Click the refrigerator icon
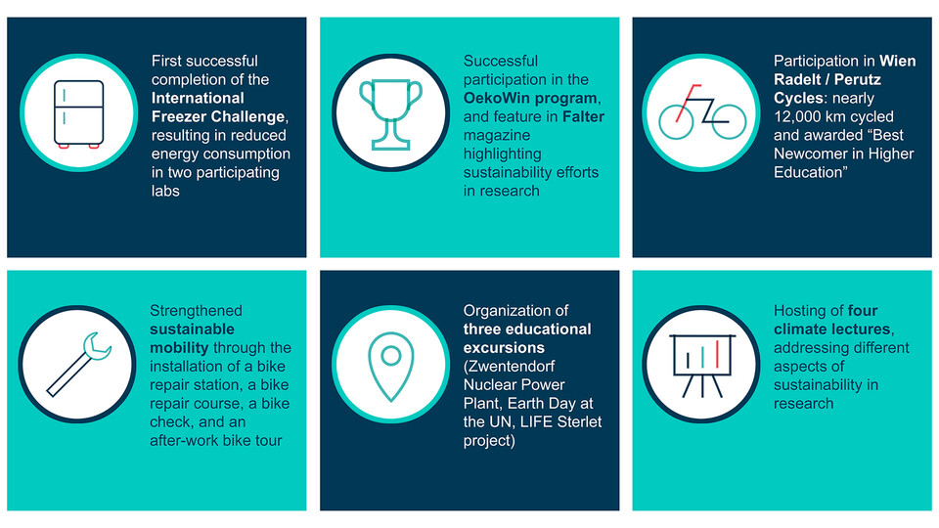[x=78, y=113]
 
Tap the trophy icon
[x=390, y=113]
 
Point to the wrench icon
[x=78, y=364]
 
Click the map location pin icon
[x=390, y=366]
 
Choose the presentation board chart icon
[x=702, y=365]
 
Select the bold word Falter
[x=583, y=116]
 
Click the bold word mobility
[x=179, y=348]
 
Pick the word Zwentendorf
[x=509, y=367]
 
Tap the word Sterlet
[x=579, y=422]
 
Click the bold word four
[x=863, y=311]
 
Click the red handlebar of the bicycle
[x=688, y=102]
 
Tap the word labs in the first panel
[x=165, y=191]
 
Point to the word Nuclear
[x=489, y=385]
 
